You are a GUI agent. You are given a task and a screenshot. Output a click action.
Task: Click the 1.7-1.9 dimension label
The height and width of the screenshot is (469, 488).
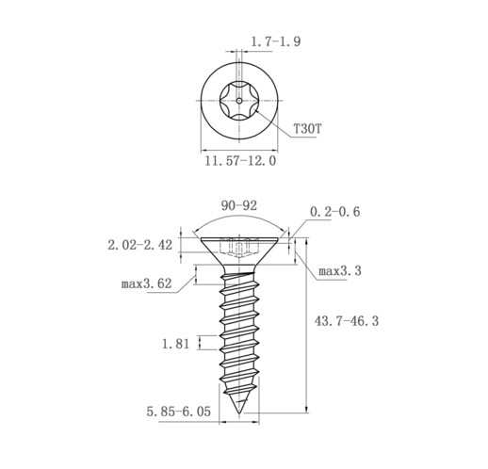[x=275, y=41]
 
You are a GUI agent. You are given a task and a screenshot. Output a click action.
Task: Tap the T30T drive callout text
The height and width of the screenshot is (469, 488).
[x=308, y=129]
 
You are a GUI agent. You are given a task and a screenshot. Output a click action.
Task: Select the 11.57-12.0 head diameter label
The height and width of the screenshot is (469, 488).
[x=240, y=161]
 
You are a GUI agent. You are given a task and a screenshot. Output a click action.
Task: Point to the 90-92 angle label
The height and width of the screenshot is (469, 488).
[x=239, y=206]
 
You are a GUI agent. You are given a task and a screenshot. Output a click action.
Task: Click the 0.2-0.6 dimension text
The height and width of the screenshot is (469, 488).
[x=334, y=212]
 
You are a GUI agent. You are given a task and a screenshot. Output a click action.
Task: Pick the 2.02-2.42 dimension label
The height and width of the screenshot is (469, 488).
[x=140, y=245]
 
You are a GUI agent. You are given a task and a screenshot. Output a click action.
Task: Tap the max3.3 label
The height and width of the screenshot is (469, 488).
[x=340, y=271]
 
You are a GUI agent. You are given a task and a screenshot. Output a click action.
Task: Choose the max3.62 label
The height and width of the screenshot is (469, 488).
[x=147, y=284]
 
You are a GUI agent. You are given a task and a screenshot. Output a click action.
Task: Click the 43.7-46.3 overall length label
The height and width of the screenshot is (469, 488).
[x=347, y=321]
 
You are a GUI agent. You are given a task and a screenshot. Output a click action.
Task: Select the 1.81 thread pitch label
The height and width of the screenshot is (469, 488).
[x=175, y=344]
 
